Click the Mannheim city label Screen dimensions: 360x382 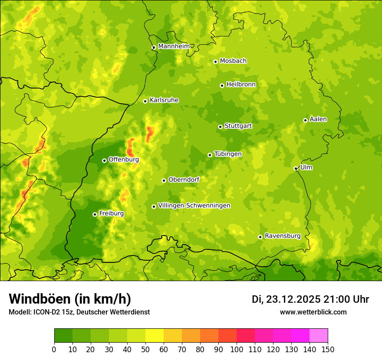pos(174,46)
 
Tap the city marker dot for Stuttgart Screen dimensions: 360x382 pos(221,127)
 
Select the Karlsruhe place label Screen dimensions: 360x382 pos(164,100)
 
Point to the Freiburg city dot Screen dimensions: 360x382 pos(95,214)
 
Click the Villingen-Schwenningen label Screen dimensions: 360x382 pos(194,206)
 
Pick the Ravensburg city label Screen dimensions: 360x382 pos(283,236)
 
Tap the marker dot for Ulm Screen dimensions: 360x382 pos(296,169)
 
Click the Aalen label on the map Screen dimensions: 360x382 pos(318,119)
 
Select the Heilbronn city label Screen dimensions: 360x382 pos(241,85)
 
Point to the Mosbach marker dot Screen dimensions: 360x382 pos(215,62)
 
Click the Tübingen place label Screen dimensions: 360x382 pos(228,154)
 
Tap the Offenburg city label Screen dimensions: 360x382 pos(124,160)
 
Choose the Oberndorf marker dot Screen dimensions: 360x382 pos(164,180)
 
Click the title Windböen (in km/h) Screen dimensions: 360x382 pos(70,299)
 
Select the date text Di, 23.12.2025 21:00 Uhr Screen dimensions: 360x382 pos(310,299)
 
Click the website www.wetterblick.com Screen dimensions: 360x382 pos(313,312)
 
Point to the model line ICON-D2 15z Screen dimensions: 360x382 pos(79,312)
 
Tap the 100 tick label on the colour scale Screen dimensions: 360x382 pos(237,349)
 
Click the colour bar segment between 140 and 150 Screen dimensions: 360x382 pos(319,336)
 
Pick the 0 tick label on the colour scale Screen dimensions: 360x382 pos(54,349)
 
